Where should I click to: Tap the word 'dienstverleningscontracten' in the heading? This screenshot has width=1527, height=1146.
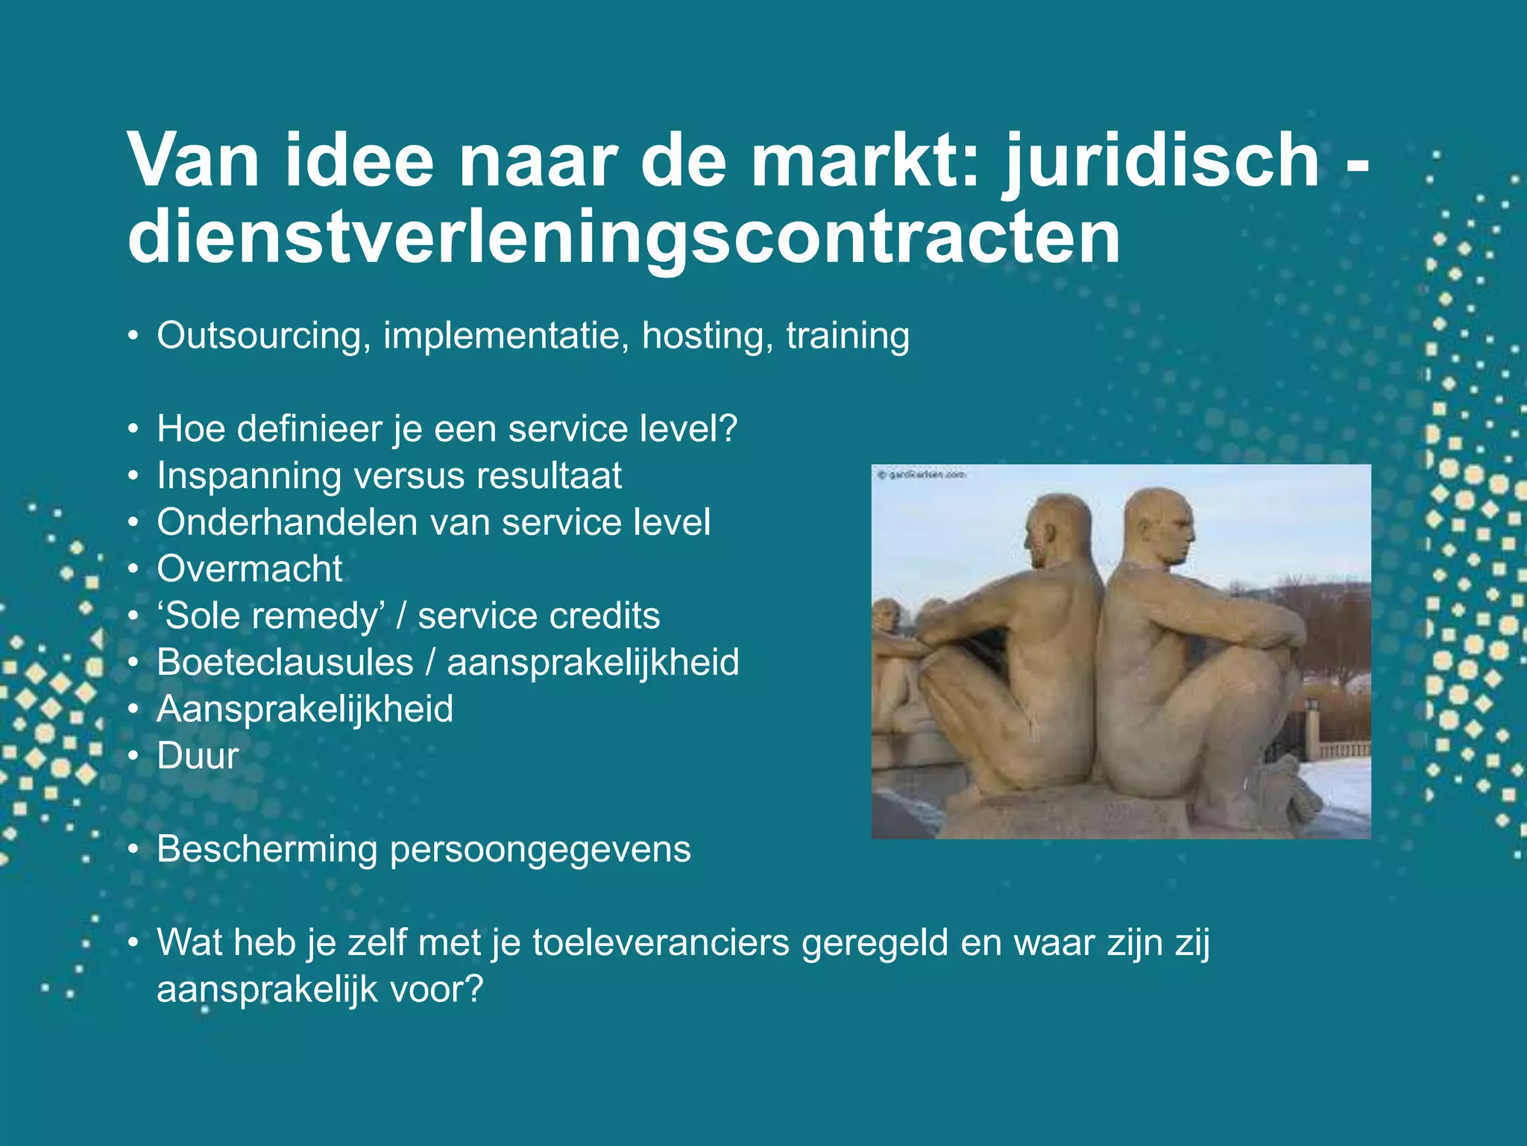click(624, 239)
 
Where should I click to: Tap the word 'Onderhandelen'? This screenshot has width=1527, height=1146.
click(288, 522)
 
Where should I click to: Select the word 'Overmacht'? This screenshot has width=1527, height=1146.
click(250, 569)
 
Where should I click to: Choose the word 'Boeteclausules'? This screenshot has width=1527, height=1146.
click(285, 663)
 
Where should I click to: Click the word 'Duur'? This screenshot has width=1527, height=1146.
click(198, 756)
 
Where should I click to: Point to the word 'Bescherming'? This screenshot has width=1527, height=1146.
click(267, 849)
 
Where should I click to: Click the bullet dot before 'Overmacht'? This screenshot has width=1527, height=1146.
click(133, 570)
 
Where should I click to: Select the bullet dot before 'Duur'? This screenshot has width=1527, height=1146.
click(133, 757)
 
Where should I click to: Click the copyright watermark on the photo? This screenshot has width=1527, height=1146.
click(922, 475)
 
